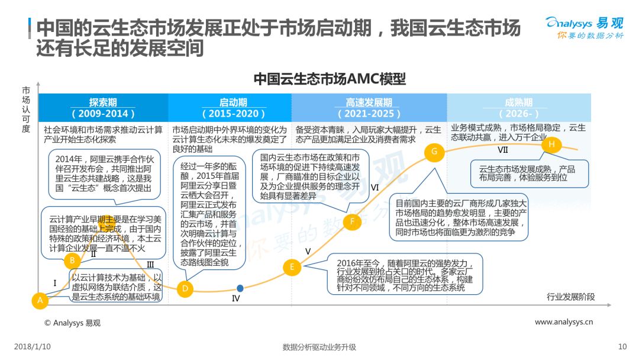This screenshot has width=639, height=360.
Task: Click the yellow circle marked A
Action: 40,300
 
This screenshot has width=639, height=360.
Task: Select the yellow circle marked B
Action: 72,261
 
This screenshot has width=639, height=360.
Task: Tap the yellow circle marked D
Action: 185,289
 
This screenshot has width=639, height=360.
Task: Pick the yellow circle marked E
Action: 292,267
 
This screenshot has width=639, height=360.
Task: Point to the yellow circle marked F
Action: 352,222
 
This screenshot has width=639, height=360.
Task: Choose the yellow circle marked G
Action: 434,152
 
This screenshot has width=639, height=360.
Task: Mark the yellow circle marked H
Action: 552,144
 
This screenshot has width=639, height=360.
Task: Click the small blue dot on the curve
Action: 240,288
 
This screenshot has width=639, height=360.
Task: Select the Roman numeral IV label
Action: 236,298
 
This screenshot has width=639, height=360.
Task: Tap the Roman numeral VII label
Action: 503,150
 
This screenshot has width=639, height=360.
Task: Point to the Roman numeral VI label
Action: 375,188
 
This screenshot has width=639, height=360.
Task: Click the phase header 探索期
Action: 103,102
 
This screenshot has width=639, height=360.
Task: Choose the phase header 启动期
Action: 234,102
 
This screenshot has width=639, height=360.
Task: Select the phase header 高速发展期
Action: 369,102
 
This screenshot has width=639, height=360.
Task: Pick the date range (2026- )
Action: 519,113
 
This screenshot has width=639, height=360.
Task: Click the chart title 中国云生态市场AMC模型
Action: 330,79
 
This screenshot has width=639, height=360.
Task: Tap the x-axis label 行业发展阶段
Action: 570,297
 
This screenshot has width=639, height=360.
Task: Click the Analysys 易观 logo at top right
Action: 585,28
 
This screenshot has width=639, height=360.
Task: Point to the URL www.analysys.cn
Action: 564,322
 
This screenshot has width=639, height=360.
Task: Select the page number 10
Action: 622,346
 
